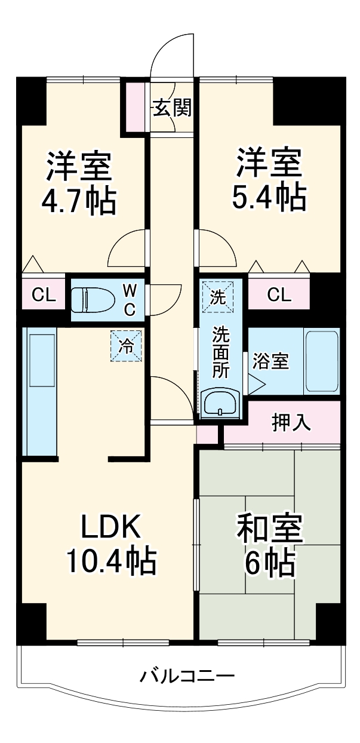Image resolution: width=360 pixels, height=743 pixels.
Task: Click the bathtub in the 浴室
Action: coord(322,362)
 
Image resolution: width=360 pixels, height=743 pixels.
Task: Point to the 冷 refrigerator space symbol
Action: coord(127,345)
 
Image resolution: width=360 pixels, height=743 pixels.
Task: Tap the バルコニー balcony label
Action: coord(186,677)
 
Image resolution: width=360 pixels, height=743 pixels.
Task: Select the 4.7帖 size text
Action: coord(78,202)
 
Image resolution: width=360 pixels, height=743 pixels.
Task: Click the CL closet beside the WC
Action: coord(44,294)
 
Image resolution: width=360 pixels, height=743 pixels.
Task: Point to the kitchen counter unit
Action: coord(39,392)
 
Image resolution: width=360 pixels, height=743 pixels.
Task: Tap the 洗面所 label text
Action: coord(221,351)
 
